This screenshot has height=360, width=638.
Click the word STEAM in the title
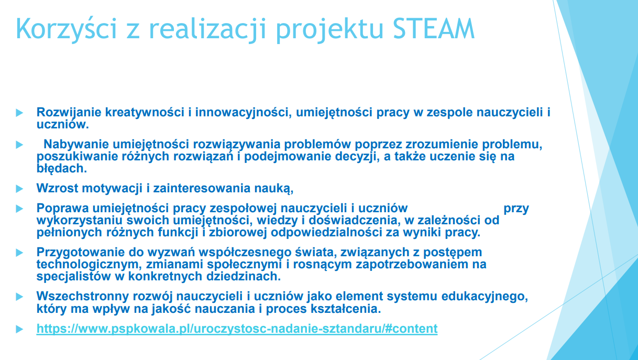click(x=434, y=28)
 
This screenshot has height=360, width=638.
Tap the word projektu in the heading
click(x=329, y=30)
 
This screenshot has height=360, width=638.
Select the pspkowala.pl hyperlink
click(x=237, y=329)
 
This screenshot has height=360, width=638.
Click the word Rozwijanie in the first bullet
click(x=69, y=112)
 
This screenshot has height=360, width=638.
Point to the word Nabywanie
click(x=76, y=144)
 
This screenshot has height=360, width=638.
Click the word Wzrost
click(x=57, y=188)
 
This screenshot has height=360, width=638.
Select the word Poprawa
click(x=63, y=209)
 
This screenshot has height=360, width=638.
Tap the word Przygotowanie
click(x=81, y=253)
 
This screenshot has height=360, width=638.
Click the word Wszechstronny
click(x=83, y=296)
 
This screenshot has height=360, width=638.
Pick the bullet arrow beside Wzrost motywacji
click(x=19, y=189)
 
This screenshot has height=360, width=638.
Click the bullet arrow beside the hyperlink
click(x=19, y=329)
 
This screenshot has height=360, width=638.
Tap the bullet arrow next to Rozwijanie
click(x=19, y=113)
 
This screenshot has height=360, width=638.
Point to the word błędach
click(x=61, y=169)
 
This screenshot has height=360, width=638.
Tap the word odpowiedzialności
click(x=326, y=233)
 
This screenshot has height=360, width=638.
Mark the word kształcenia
click(x=346, y=309)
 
